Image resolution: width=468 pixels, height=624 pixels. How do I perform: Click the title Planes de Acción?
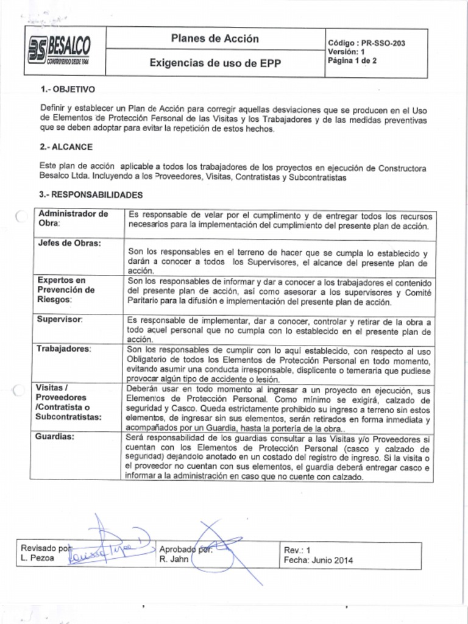point(214,39)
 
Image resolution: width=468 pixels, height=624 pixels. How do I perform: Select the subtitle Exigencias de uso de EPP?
point(214,63)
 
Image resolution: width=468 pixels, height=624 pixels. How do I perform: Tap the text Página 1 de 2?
point(352,60)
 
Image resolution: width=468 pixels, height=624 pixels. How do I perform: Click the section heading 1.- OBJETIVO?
point(67,89)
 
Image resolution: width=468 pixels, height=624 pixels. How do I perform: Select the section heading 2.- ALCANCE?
point(66,147)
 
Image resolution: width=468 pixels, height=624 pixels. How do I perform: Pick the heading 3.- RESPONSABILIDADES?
point(91,195)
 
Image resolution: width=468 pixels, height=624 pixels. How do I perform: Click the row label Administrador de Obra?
point(73,218)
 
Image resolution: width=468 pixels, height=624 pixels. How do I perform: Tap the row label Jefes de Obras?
point(69,243)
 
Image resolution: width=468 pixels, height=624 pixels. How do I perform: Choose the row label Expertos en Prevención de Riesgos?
point(66,290)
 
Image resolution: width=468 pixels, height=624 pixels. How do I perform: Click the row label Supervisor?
point(60,319)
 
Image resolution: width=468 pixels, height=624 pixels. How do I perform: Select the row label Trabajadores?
point(64,349)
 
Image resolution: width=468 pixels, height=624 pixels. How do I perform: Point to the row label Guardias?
point(56,437)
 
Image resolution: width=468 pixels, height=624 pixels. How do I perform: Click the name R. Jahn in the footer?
point(174,559)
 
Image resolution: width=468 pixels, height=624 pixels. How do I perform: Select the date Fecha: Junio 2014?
point(318,560)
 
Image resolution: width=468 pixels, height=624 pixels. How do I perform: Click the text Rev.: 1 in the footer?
point(297,550)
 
